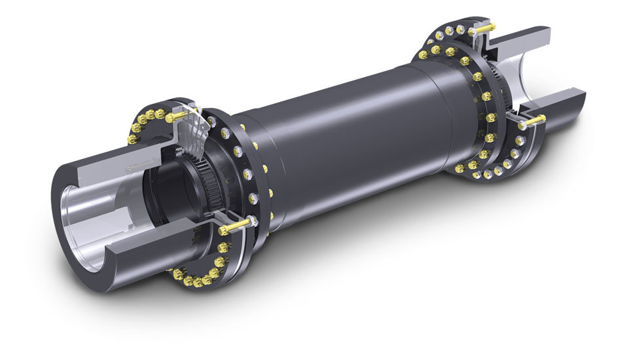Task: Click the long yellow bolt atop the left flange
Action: point(178,117)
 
